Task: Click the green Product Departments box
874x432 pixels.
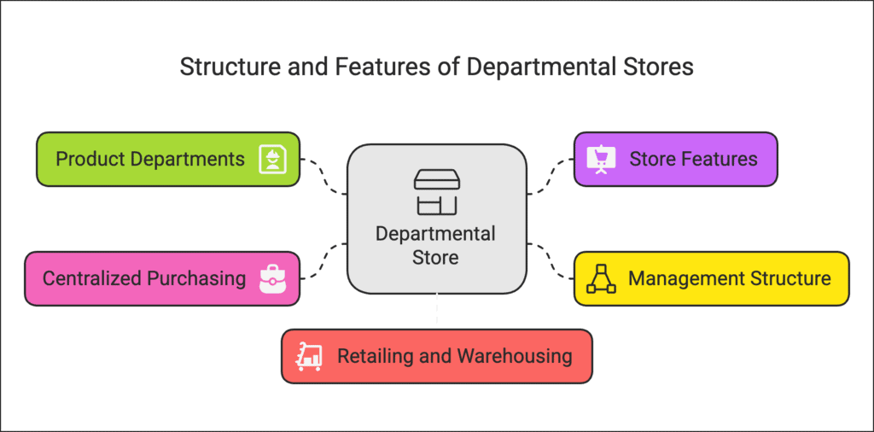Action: [x=167, y=159]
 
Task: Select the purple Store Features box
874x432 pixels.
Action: [x=675, y=159]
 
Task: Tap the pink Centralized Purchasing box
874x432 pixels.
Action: [x=161, y=278]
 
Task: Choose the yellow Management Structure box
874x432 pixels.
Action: [x=711, y=278]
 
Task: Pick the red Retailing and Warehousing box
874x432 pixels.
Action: [x=436, y=356]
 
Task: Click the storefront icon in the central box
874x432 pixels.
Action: [x=436, y=191]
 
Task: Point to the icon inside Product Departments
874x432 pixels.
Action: [x=273, y=159]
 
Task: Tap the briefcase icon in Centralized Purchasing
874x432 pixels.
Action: [x=273, y=278]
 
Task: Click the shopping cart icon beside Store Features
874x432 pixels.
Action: [x=601, y=159]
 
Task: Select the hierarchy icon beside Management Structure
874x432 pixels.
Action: [x=601, y=279]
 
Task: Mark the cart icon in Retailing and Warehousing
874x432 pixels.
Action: [x=308, y=356]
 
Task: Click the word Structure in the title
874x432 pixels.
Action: [x=218, y=67]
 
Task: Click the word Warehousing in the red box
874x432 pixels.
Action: [x=515, y=356]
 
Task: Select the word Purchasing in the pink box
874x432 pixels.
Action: [x=196, y=278]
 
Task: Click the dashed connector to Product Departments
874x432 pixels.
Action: [x=325, y=175]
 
